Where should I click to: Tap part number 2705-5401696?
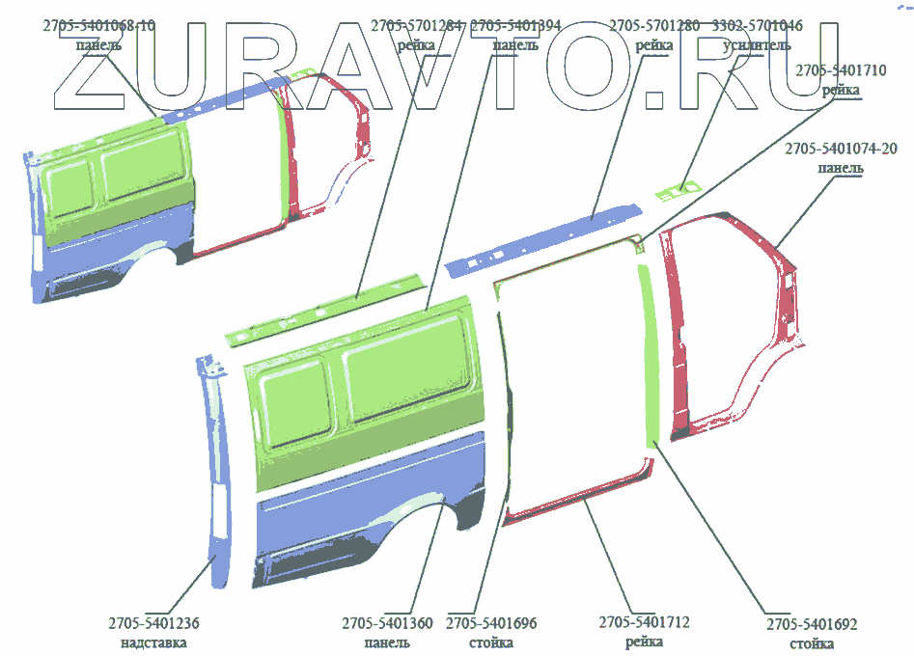[491, 623]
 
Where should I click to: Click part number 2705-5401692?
[812, 624]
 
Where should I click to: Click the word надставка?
[153, 642]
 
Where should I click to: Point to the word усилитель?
[757, 44]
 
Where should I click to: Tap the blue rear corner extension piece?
[217, 463]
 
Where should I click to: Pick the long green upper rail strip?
[323, 309]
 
